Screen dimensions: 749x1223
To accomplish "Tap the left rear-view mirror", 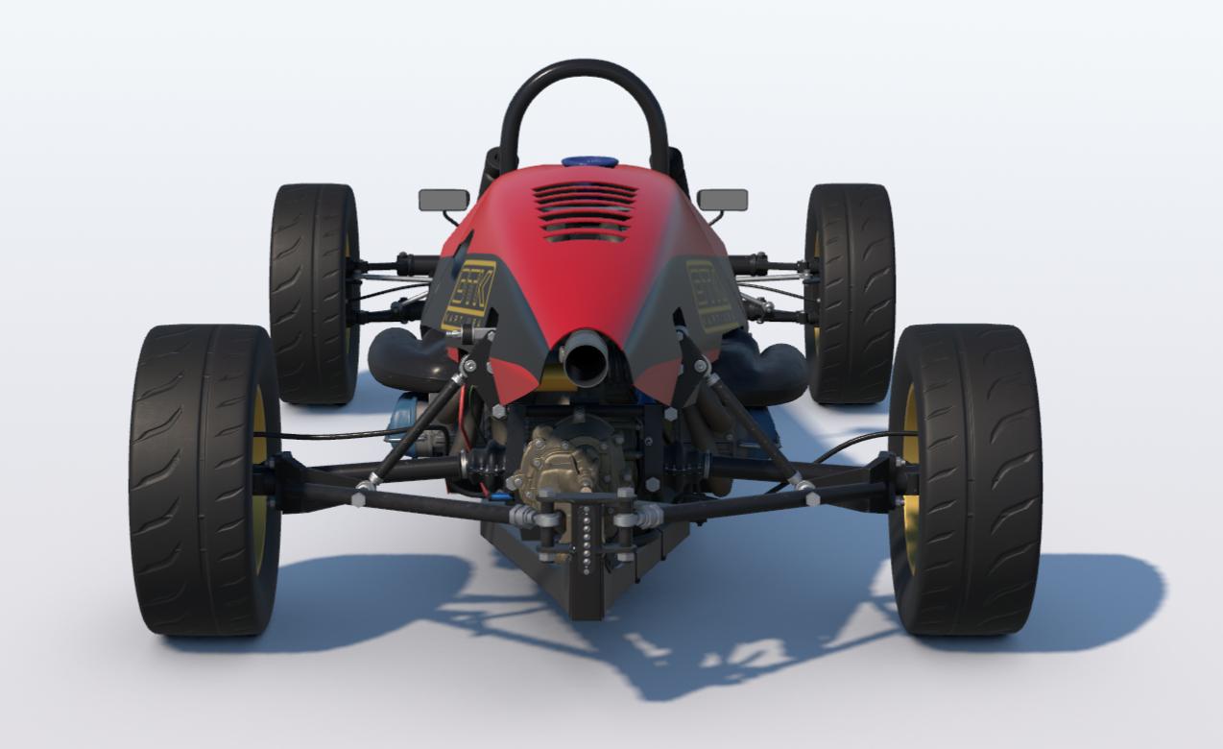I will [444, 200].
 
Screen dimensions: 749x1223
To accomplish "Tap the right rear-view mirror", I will [722, 200].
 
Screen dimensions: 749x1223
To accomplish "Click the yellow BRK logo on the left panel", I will [469, 292].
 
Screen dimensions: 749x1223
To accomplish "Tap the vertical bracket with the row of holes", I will [585, 533].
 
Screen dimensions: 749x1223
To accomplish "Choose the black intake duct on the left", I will [403, 359].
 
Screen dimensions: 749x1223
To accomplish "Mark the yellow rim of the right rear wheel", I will [908, 480].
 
